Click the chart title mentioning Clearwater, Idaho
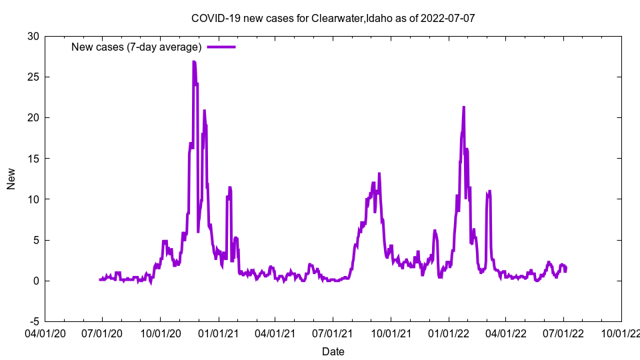(x=333, y=18)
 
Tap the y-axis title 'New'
(x=11, y=179)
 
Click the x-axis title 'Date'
(x=333, y=351)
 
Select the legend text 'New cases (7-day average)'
(x=136, y=47)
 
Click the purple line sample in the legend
(x=221, y=47)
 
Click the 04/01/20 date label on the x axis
(x=45, y=333)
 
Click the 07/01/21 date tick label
(x=333, y=333)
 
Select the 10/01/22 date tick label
(x=621, y=333)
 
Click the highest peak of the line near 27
(x=193, y=62)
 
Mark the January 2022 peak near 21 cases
(x=463, y=107)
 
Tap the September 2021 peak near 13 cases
(x=379, y=174)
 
